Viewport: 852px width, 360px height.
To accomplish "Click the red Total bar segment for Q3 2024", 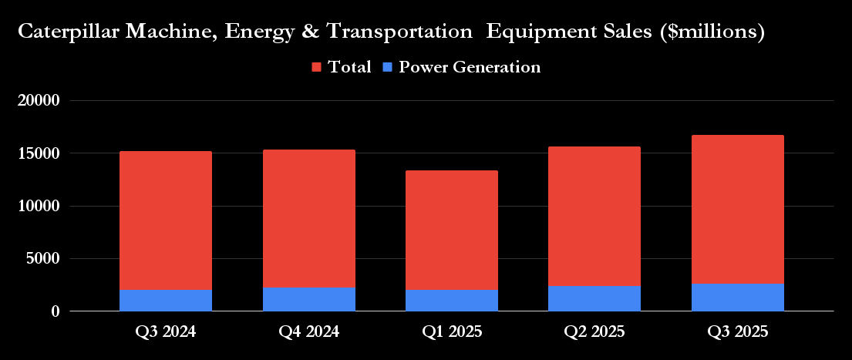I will [166, 220].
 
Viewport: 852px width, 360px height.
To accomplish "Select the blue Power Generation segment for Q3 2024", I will [166, 300].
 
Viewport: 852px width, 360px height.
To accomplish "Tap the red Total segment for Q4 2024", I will [308, 218].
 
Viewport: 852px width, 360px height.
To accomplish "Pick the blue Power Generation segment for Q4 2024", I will [308, 299].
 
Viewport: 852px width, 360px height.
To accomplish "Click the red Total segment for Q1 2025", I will [452, 230].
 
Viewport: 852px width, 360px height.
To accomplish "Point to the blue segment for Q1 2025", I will [452, 300].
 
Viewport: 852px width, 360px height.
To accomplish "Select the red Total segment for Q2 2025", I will [594, 216].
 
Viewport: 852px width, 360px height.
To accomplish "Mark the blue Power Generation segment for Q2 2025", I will [594, 298].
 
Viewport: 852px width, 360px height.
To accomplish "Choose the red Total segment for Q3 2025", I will [738, 209].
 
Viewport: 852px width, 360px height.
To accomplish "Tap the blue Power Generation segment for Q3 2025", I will [738, 297].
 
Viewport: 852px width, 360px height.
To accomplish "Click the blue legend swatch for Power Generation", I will [388, 68].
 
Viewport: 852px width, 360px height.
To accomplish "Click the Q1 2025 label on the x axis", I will [452, 332].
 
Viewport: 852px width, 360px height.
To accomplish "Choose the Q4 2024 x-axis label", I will [308, 332].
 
